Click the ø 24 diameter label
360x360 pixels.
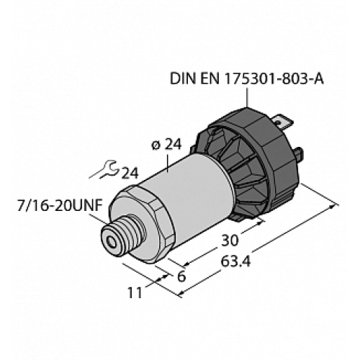(x=167, y=143)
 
